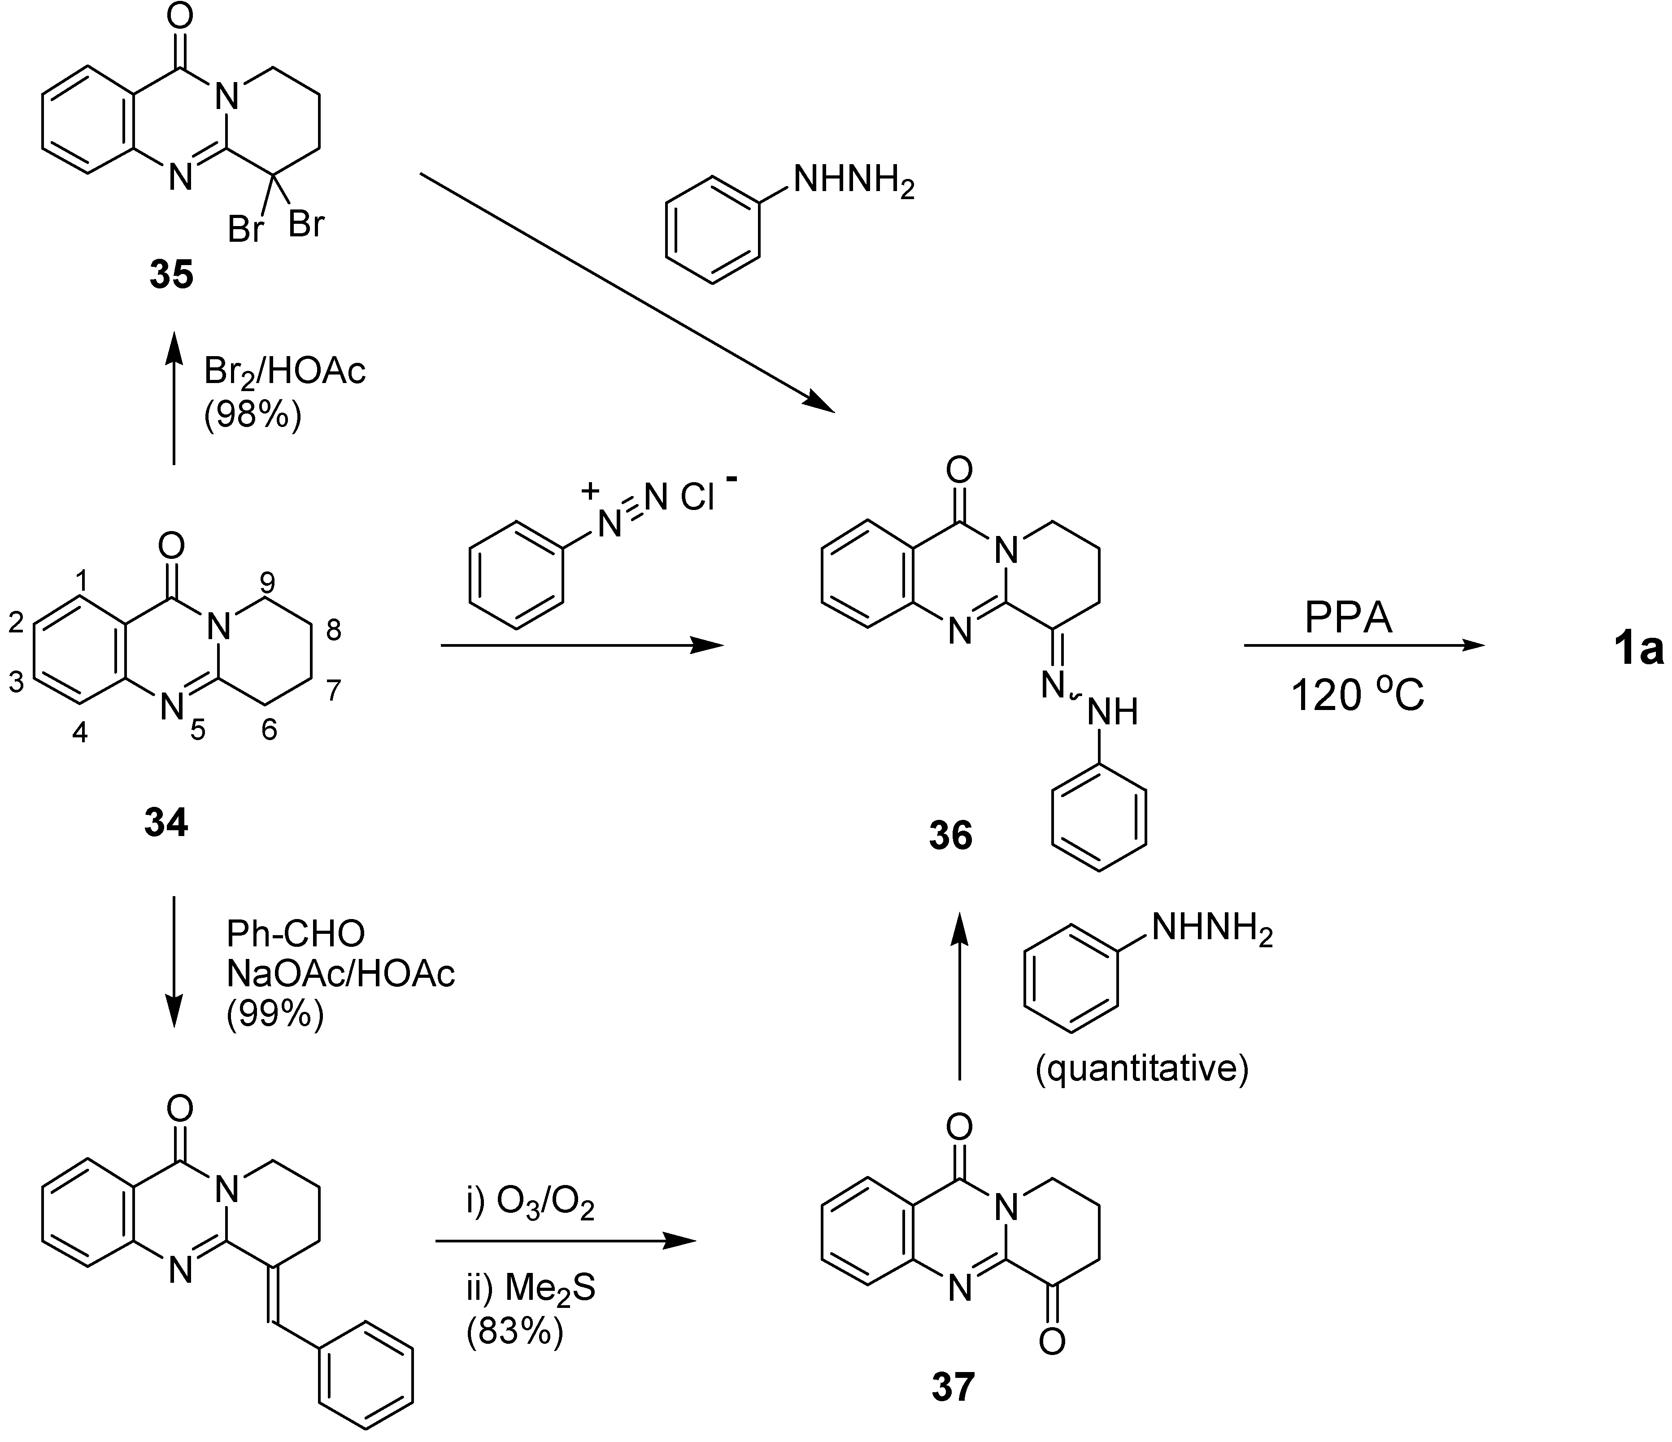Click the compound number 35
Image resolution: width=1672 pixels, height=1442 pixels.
(171, 275)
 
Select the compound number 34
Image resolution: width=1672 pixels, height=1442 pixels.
(166, 823)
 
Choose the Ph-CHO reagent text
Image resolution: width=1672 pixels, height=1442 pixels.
(296, 934)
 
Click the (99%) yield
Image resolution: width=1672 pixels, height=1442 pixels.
(275, 1014)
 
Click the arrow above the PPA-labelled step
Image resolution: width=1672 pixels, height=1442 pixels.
(1364, 645)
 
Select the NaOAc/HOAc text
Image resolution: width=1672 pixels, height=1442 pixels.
(340, 974)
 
